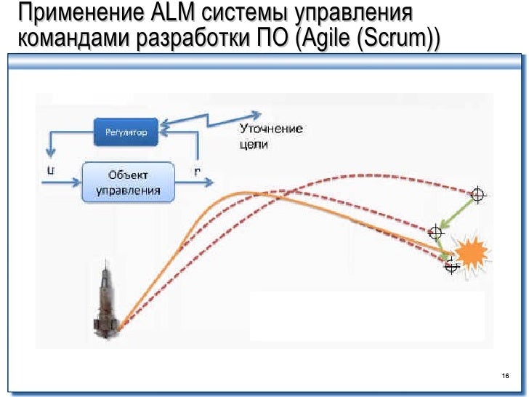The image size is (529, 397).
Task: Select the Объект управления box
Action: tap(128, 182)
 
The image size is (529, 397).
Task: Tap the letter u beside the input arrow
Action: tap(49, 171)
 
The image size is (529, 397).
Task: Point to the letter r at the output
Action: tap(198, 172)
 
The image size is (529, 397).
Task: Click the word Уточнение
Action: tap(270, 129)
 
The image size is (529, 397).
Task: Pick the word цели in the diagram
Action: tap(254, 145)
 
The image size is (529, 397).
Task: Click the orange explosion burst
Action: tap(472, 252)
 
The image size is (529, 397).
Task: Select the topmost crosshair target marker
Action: tap(477, 194)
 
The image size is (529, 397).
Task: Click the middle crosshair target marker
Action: tap(436, 233)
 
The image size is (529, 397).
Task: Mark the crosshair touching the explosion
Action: tap(452, 266)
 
